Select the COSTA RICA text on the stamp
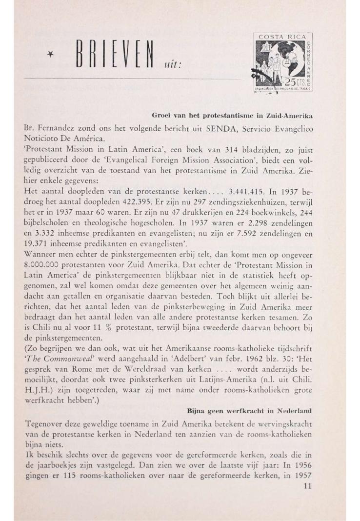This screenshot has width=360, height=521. (282, 37)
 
